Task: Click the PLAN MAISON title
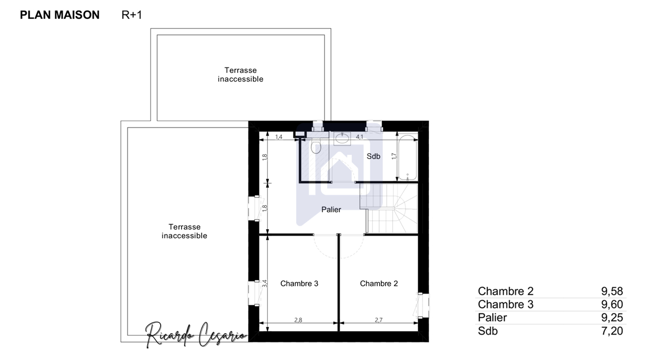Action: click(59, 15)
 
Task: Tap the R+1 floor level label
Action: click(132, 15)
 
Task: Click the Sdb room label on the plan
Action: click(373, 156)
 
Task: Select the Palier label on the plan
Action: click(331, 209)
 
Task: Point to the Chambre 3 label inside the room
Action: click(299, 283)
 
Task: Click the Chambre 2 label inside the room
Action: click(379, 283)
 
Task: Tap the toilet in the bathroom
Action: click(316, 146)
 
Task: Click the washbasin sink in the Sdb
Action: click(342, 138)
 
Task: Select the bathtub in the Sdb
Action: click(408, 157)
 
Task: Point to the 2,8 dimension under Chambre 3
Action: click(298, 320)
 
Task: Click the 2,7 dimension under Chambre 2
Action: click(379, 320)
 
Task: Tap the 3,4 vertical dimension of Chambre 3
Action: click(265, 283)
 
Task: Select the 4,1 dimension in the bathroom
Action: click(359, 137)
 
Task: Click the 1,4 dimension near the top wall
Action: click(279, 137)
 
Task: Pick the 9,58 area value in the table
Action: click(612, 291)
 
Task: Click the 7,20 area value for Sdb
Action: click(612, 331)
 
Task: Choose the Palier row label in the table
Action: click(492, 318)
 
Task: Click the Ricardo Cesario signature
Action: click(196, 335)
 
